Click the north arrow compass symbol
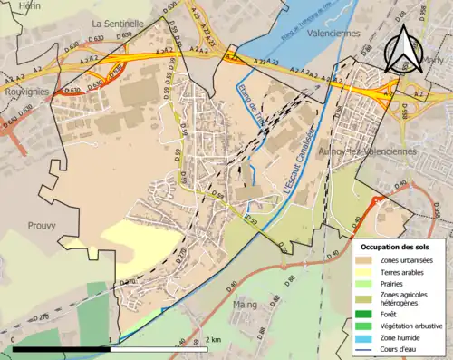(403, 50)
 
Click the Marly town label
(434, 61)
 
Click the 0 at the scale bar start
(14, 339)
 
